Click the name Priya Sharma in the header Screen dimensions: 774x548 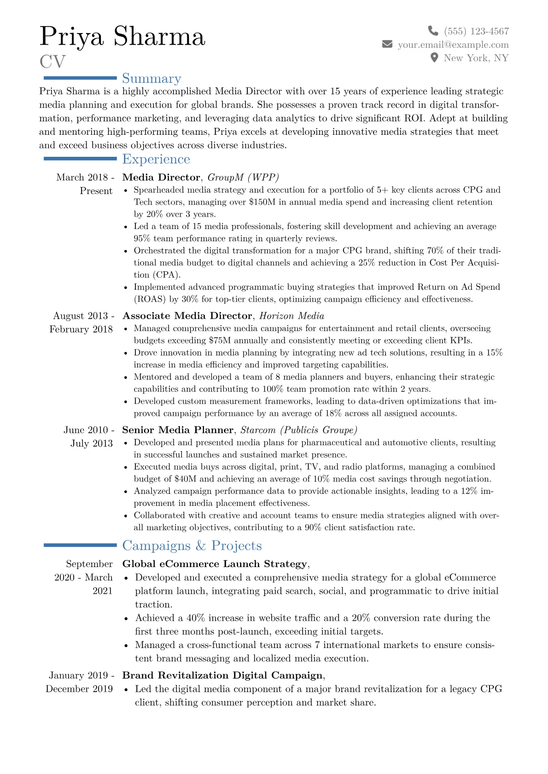(x=122, y=37)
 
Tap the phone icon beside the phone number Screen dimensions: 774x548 (x=433, y=31)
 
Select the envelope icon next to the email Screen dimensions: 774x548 (x=387, y=44)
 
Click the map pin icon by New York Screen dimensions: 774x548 (x=434, y=57)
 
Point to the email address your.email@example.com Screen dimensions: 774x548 (x=453, y=45)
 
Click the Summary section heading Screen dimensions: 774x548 (x=152, y=79)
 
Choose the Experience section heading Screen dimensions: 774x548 (x=156, y=159)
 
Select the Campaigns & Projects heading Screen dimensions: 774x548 (x=192, y=545)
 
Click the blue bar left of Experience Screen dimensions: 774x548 (x=80, y=159)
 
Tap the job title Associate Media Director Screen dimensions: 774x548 (x=187, y=316)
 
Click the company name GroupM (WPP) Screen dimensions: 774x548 (x=243, y=178)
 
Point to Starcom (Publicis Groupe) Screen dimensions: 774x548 (x=299, y=430)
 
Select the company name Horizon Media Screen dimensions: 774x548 (x=291, y=316)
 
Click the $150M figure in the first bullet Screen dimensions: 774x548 (x=262, y=202)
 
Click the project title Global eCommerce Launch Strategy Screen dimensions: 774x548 (x=215, y=564)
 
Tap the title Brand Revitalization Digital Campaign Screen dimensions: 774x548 (x=222, y=676)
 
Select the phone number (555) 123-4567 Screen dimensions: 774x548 (x=476, y=31)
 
